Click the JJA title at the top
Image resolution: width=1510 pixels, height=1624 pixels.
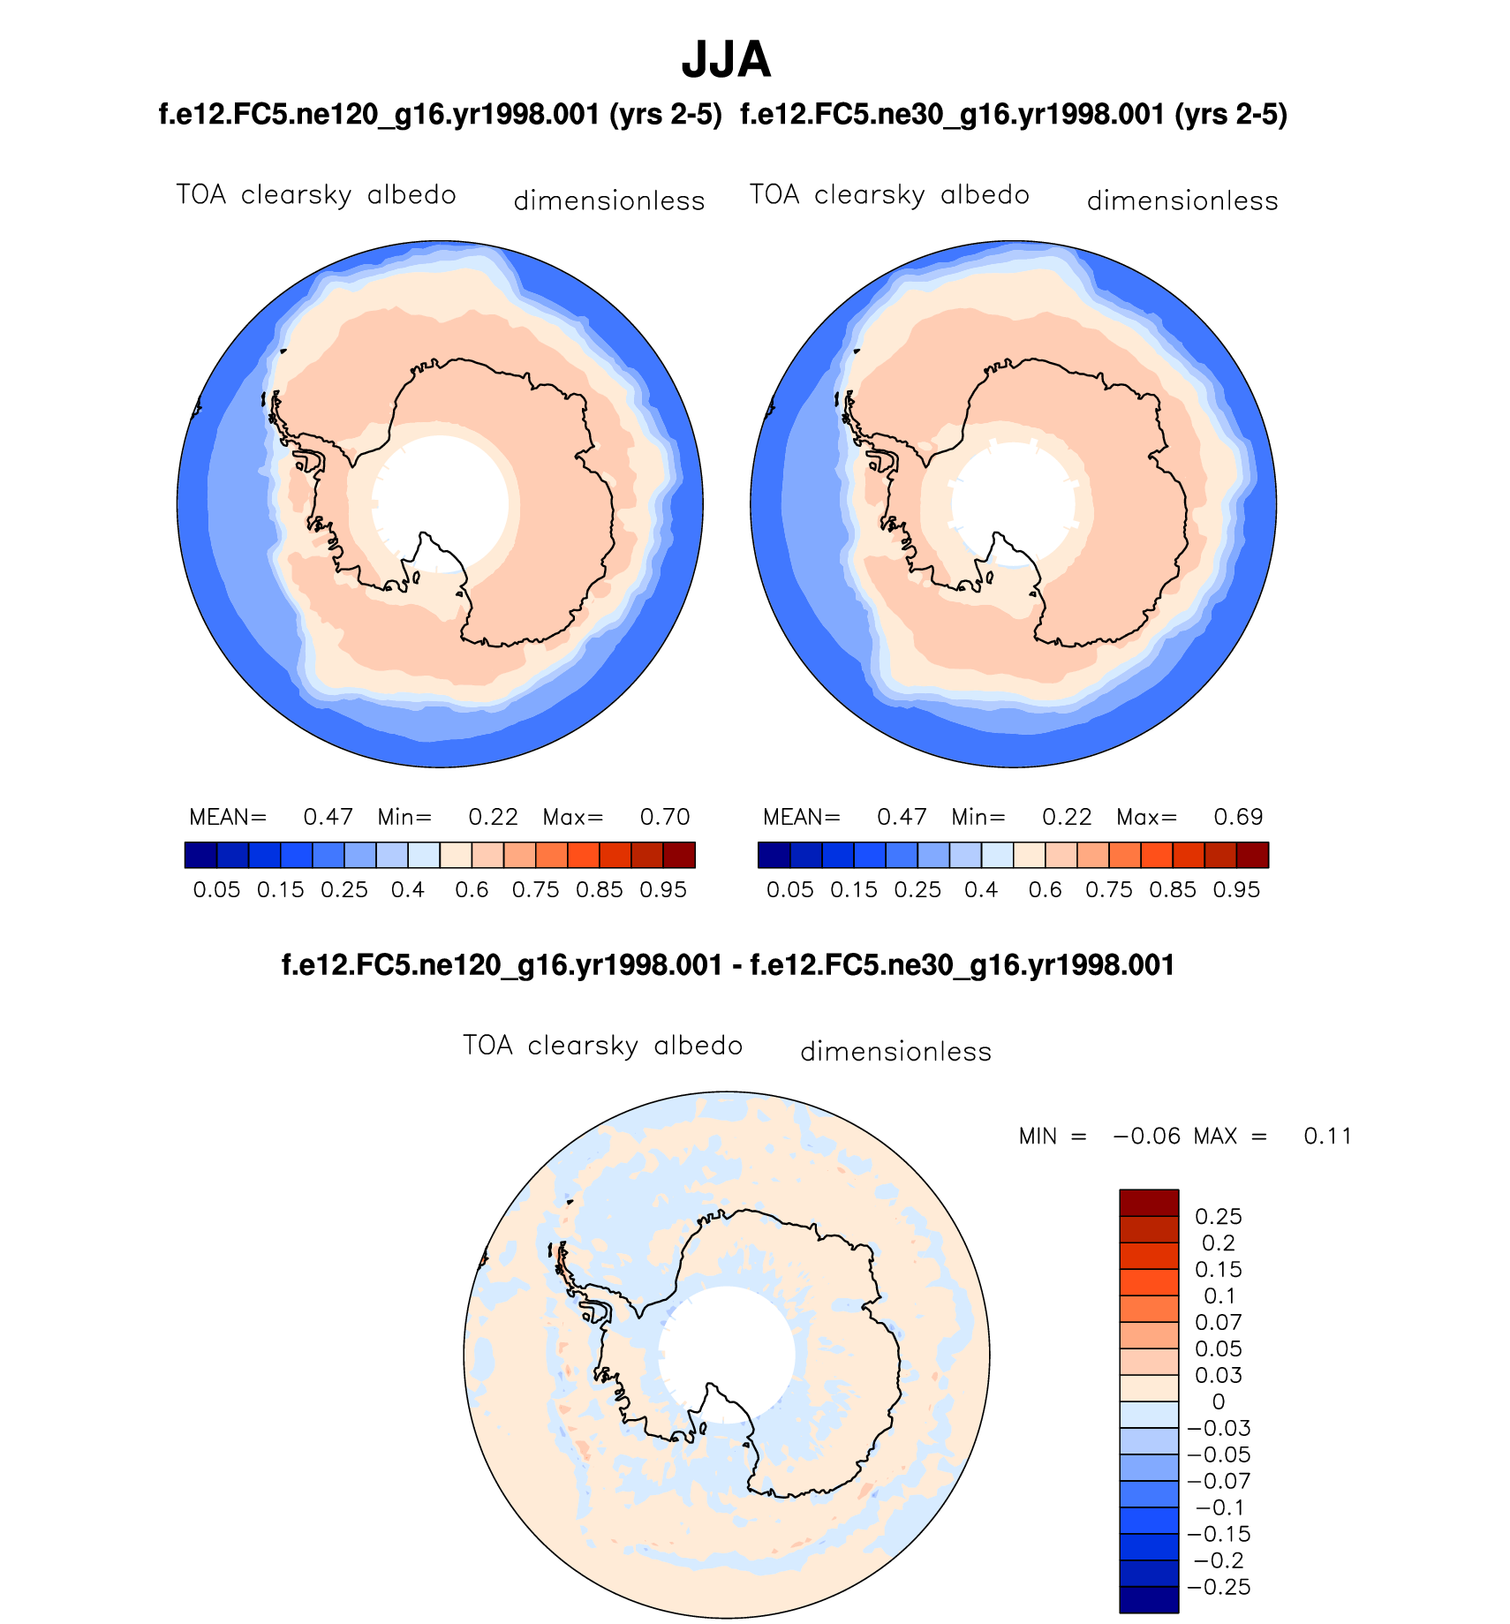pos(726,60)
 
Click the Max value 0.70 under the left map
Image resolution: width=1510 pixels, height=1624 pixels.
pos(664,817)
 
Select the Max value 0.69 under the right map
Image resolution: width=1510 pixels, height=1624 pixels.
pos(1238,817)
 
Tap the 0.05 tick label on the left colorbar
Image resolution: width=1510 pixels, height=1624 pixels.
pos(216,890)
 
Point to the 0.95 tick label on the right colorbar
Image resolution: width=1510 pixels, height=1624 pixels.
pos(1236,890)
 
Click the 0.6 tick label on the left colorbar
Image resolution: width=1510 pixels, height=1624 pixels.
pos(472,890)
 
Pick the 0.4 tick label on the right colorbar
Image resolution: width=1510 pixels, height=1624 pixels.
pos(981,890)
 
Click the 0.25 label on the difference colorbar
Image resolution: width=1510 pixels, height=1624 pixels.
pos(1218,1217)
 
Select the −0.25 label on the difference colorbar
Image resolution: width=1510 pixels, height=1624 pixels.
pos(1219,1588)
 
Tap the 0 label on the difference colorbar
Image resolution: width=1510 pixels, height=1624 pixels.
pos(1219,1402)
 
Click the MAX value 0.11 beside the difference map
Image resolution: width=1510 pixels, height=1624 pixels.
pos(1327,1137)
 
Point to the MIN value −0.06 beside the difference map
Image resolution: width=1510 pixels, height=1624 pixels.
pos(1147,1137)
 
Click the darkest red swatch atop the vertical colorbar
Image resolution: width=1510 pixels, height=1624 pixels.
pos(1149,1203)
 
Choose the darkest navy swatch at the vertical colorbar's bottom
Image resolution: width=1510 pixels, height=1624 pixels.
pos(1149,1600)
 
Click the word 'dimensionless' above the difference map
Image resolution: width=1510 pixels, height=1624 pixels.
pos(895,1052)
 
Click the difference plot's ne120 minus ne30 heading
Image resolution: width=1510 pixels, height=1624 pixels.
pos(728,965)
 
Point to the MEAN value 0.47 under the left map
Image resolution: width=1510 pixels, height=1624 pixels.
pos(328,817)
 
